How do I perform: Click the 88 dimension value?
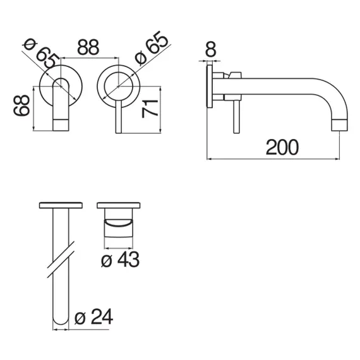[88, 47]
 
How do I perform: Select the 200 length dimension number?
[282, 147]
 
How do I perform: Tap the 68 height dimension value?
[21, 105]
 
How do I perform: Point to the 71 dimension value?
[150, 109]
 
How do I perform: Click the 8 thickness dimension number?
[210, 49]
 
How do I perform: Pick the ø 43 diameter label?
[120, 260]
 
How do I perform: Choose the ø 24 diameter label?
[93, 316]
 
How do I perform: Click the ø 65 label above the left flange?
[40, 53]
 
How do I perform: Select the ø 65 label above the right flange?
[152, 47]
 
